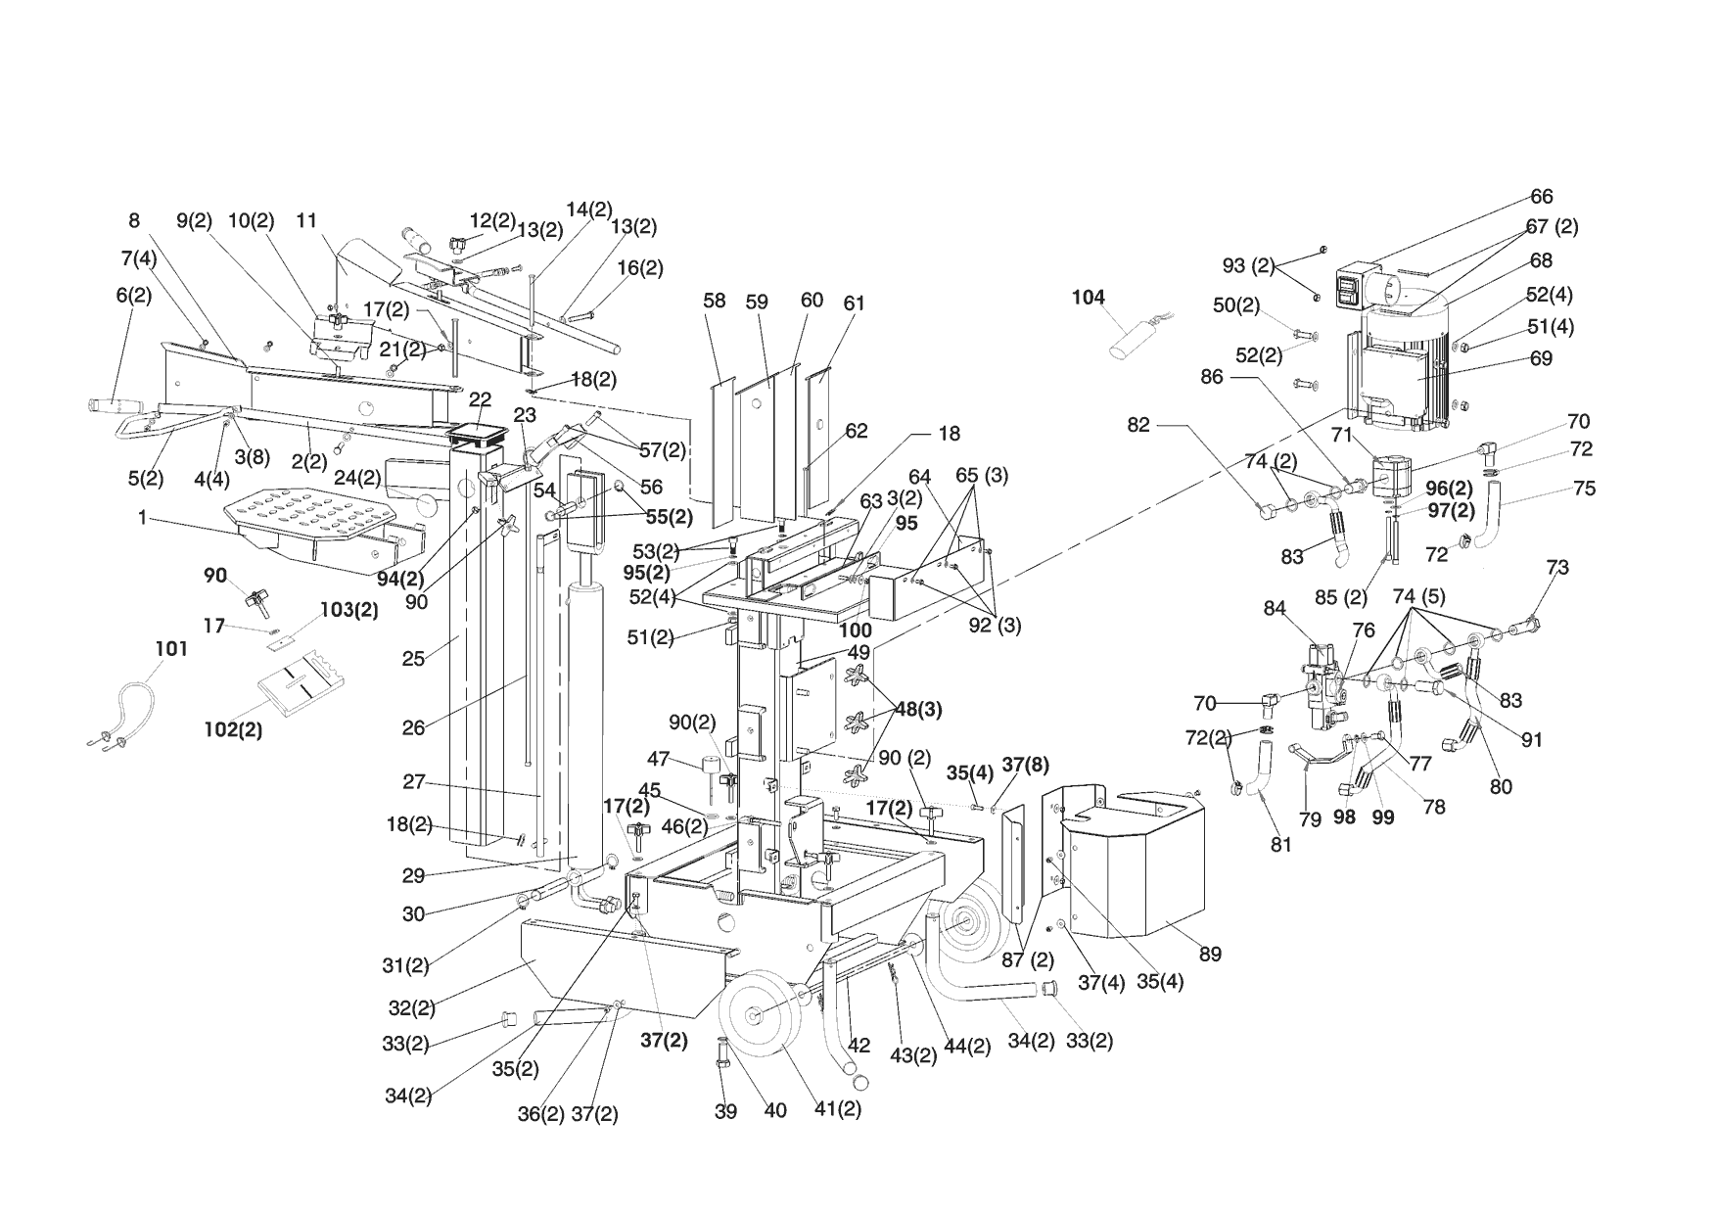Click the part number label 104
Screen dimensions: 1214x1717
[1088, 298]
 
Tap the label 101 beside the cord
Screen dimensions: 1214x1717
[171, 649]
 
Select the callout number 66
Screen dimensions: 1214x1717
[1542, 197]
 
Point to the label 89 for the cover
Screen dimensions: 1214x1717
[1210, 954]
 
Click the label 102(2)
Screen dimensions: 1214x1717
[233, 729]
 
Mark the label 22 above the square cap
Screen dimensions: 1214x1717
[480, 398]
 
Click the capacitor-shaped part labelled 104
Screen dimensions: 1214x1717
[1131, 338]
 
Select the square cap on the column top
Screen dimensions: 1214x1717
[479, 433]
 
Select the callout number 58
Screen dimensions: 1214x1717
[715, 301]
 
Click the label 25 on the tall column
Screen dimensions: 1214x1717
[413, 658]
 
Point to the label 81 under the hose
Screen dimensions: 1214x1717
[1280, 843]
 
